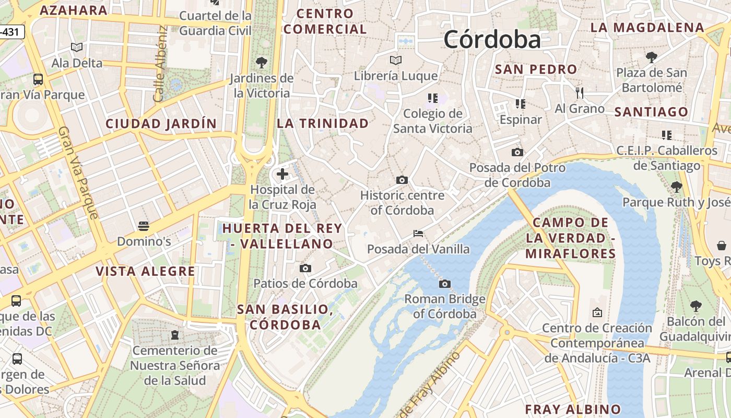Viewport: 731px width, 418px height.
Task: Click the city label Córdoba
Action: coord(492,40)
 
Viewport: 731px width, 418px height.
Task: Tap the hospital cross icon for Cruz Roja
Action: coord(282,173)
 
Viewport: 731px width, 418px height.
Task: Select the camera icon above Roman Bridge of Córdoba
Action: coord(445,284)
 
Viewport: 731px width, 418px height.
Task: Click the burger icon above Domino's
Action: coord(144,226)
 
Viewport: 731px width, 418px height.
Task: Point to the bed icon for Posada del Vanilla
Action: coord(418,233)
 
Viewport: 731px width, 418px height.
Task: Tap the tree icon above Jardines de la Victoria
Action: coord(262,63)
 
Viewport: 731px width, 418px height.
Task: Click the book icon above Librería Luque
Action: coord(396,60)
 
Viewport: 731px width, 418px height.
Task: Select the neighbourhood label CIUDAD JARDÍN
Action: coord(161,124)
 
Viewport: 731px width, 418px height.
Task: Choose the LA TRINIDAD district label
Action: coord(323,123)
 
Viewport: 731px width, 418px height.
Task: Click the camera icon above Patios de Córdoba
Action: coord(305,268)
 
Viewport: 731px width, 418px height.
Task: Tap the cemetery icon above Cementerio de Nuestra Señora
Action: coord(175,334)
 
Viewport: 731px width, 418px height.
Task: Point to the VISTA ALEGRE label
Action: coord(145,271)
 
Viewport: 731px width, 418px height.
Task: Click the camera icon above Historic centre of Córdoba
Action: coord(402,180)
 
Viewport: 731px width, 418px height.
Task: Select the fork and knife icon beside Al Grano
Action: coord(579,93)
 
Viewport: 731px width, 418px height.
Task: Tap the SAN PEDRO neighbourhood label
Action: coord(536,69)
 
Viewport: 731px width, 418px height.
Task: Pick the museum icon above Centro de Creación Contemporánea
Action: coord(597,312)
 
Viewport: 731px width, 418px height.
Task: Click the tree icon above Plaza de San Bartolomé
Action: coord(651,57)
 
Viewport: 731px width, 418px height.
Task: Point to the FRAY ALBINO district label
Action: coord(573,409)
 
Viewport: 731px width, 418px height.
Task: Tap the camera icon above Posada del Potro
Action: coord(517,152)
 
